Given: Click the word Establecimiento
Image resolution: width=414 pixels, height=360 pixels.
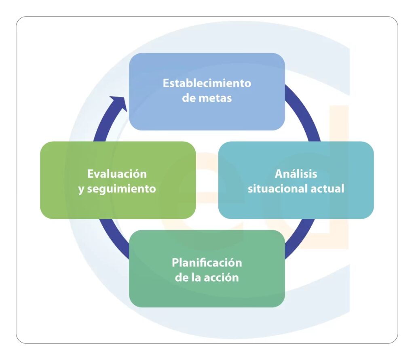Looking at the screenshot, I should [207, 83].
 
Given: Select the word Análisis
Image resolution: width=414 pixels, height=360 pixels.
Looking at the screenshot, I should [296, 174].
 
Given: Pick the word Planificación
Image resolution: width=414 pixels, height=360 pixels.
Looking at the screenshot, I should [207, 262].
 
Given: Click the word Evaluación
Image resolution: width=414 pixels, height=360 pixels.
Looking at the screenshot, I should [117, 174].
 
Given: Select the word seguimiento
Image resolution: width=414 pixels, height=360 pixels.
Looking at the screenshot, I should [121, 189].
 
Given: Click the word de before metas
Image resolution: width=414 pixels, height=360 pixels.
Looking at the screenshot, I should [188, 98].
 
